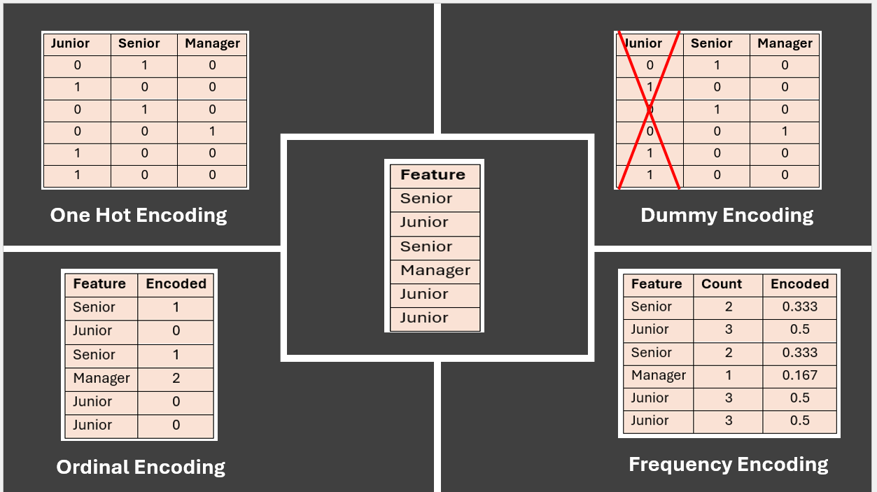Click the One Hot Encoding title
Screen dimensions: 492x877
139,215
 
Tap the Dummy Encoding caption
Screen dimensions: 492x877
727,215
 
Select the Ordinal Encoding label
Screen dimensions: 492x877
141,467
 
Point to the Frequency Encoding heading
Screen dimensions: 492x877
728,464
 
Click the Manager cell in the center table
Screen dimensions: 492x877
435,270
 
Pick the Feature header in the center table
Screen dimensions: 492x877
433,175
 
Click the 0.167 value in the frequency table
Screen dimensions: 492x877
799,375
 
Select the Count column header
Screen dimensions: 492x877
721,284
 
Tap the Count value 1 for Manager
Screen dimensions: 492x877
728,375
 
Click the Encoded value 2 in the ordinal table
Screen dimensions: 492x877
176,378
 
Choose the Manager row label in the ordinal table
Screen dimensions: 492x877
101,378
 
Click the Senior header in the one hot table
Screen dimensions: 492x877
139,43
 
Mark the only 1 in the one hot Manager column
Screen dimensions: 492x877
211,132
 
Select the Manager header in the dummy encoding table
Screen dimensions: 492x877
785,43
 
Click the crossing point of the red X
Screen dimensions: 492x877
649,110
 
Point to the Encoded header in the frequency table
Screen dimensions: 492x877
799,284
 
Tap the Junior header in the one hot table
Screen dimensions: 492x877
71,43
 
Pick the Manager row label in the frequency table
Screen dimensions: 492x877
658,375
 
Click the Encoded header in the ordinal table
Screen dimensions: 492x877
176,284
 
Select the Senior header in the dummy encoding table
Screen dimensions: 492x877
711,43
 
